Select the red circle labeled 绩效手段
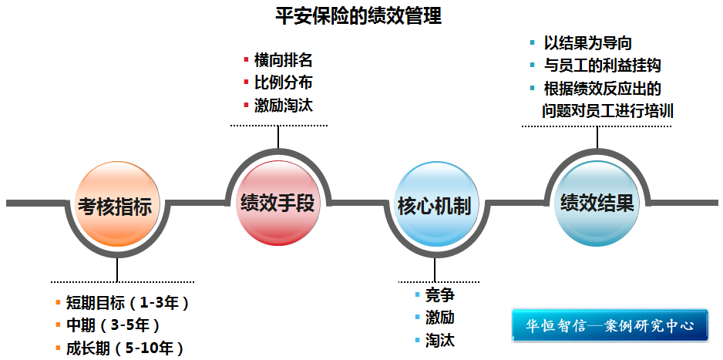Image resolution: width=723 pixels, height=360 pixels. click(277, 203)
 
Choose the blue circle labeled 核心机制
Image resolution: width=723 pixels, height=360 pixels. click(434, 206)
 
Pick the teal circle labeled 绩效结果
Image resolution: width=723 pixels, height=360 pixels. click(597, 203)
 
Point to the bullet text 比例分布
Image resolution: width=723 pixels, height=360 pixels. click(283, 82)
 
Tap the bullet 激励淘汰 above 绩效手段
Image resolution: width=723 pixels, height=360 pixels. click(283, 105)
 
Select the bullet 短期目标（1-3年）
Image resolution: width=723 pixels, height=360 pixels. click(127, 302)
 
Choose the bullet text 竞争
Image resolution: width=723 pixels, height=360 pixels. click(440, 295)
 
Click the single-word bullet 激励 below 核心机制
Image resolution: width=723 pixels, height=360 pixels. click(440, 317)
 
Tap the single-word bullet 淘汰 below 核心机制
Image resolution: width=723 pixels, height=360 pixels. click(440, 339)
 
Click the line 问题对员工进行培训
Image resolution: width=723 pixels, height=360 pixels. click(608, 110)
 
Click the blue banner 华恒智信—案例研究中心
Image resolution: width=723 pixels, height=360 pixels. click(610, 325)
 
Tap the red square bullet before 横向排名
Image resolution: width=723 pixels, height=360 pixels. click(246, 59)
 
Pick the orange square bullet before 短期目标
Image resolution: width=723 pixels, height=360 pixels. click(58, 301)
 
